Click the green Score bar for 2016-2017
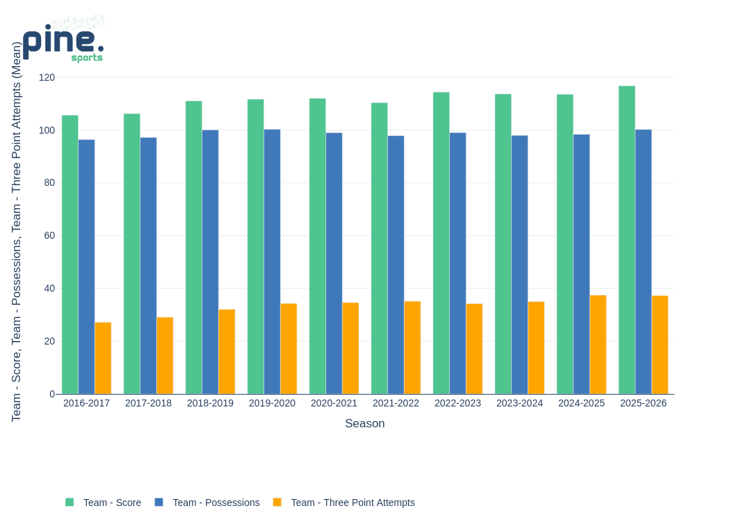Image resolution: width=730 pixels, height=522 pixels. pyautogui.click(x=70, y=255)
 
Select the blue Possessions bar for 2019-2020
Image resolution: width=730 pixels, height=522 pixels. pyautogui.click(x=272, y=262)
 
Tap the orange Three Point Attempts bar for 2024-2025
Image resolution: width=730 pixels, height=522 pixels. pyautogui.click(x=598, y=345)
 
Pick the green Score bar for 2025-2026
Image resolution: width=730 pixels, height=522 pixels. pyautogui.click(x=626, y=240)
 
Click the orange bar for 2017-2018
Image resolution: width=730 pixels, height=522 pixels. pyautogui.click(x=165, y=356)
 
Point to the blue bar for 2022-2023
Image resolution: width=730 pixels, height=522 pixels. pyautogui.click(x=457, y=263)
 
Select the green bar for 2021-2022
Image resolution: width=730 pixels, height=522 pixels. pyautogui.click(x=379, y=248)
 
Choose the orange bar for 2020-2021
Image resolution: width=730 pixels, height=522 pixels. pyautogui.click(x=350, y=348)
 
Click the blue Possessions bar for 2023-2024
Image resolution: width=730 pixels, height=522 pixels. pyautogui.click(x=519, y=264)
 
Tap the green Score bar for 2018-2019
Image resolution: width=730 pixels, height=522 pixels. pyautogui.click(x=193, y=248)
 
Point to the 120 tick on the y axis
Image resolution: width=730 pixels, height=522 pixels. pyautogui.click(x=47, y=77)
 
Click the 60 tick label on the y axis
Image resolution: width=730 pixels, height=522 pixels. pyautogui.click(x=49, y=235)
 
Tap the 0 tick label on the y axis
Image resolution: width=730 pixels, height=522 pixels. pyautogui.click(x=52, y=394)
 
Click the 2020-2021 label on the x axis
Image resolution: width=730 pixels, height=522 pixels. pyautogui.click(x=334, y=403)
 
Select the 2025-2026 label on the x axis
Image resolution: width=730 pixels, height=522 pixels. pyautogui.click(x=643, y=403)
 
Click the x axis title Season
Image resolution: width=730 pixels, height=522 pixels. pyautogui.click(x=364, y=423)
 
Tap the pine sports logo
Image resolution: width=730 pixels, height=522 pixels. pyautogui.click(x=63, y=40)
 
